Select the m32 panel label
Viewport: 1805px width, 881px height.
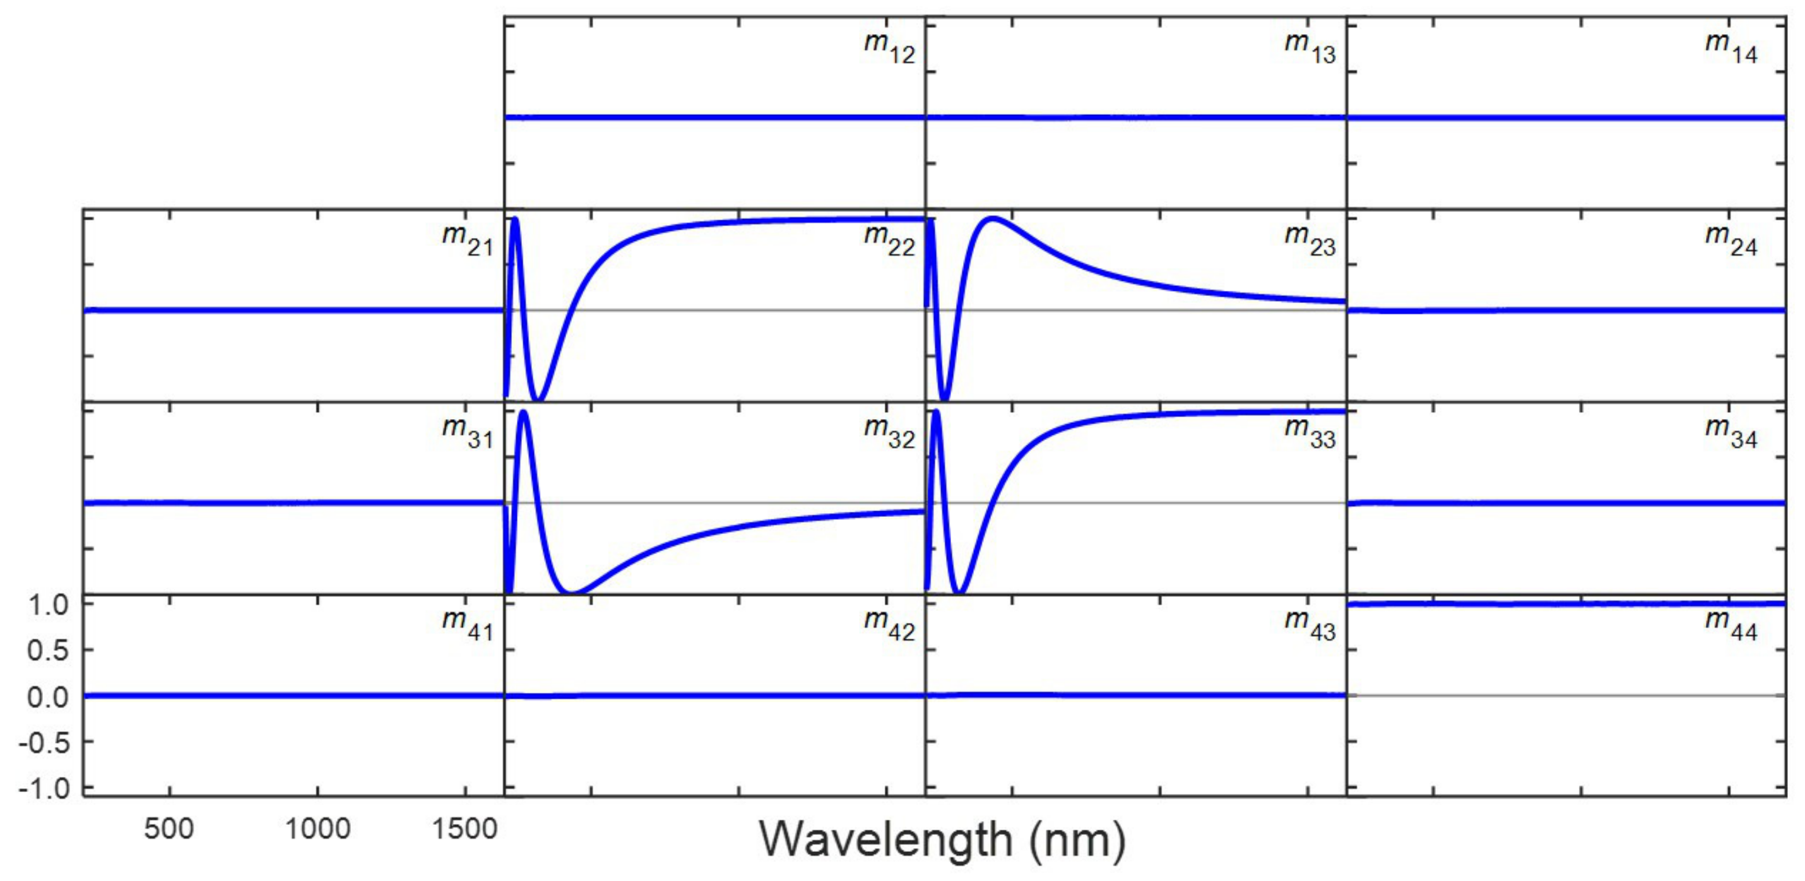tap(889, 432)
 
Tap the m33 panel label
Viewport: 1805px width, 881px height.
tap(1310, 432)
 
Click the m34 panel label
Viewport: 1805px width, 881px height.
tap(1731, 432)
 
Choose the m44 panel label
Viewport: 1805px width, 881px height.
tap(1731, 625)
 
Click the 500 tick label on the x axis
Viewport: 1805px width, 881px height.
tap(169, 829)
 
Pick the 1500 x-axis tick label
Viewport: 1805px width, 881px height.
tap(465, 829)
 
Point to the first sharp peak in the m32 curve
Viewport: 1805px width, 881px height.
tap(524, 412)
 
